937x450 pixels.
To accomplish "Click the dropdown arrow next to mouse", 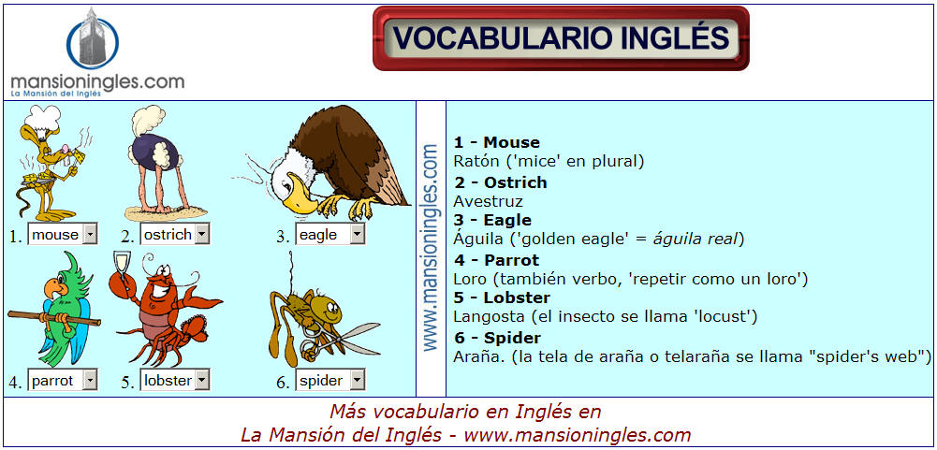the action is point(89,235).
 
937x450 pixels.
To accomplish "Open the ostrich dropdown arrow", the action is point(202,235).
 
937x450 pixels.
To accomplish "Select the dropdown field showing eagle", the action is point(329,235).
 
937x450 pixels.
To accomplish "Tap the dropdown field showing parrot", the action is point(63,381).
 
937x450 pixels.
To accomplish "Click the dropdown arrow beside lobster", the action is point(202,380).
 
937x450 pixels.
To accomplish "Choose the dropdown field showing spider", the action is point(329,381).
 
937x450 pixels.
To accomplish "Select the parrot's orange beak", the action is point(52,289).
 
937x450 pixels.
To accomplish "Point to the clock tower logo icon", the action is point(93,39).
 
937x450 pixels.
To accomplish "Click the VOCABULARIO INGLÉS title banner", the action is point(561,38).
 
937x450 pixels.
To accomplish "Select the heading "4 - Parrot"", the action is point(496,261).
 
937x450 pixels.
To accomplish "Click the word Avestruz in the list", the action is point(489,201).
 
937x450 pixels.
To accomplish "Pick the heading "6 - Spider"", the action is point(497,338).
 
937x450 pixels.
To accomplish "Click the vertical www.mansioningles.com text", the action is point(432,247).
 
